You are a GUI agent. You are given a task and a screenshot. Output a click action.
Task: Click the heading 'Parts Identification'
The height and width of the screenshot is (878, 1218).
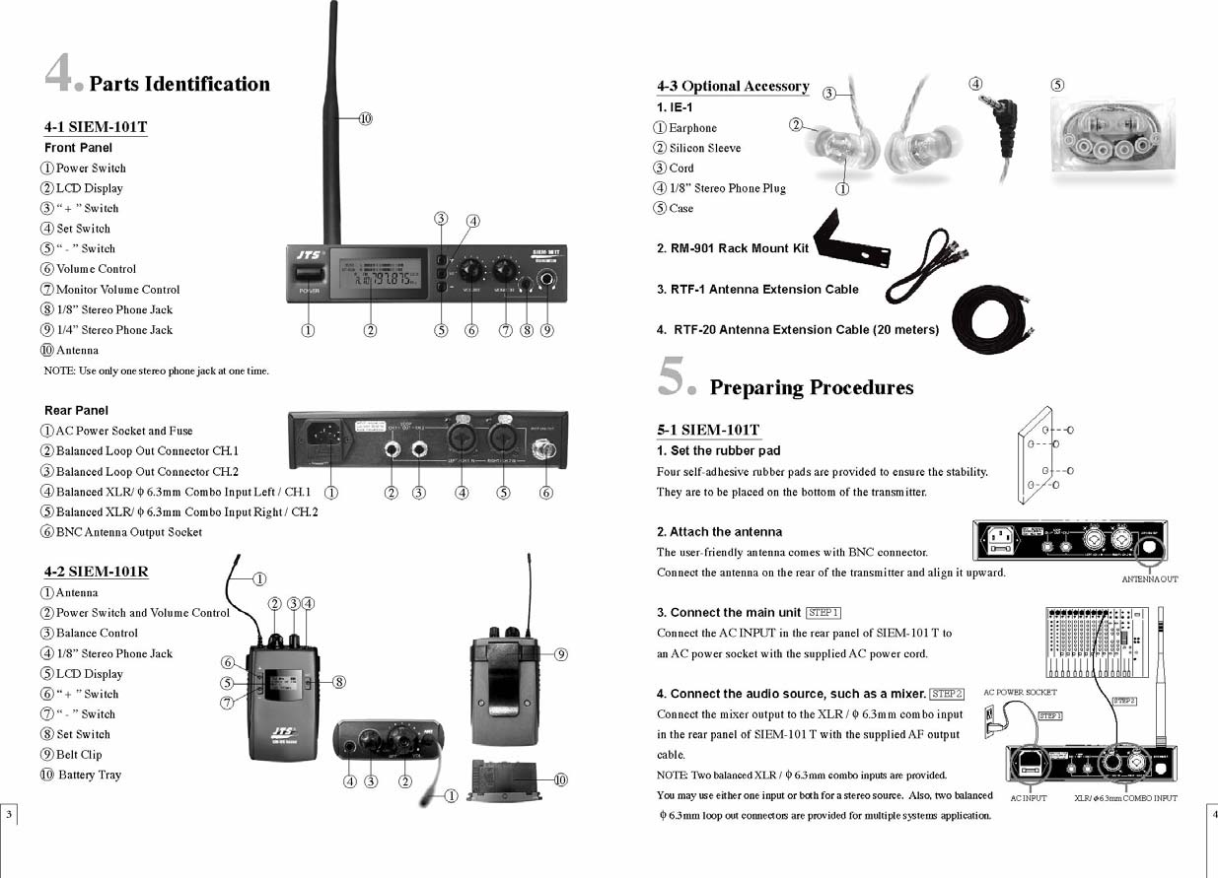(179, 85)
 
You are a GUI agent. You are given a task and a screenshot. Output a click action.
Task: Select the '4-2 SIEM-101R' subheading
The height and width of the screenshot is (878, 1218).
(96, 572)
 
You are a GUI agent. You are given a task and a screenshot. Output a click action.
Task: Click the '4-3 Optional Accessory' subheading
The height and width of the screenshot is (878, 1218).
(733, 87)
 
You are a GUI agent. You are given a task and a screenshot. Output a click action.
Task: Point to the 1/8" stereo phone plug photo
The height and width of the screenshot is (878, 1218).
(1006, 123)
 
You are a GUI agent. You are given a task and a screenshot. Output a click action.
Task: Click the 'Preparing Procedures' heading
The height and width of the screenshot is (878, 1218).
(811, 387)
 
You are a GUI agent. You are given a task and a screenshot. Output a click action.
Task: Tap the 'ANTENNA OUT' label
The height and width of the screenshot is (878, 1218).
(1149, 579)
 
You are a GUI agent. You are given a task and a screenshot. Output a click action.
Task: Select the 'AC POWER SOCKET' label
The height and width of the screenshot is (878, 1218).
(1020, 693)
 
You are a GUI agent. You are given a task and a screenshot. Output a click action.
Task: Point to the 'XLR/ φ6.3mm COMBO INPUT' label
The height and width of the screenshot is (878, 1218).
(1125, 798)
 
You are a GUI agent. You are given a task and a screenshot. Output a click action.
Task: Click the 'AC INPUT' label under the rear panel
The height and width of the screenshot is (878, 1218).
(1029, 798)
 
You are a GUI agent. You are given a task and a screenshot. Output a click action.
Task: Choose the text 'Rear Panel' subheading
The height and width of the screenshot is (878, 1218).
(76, 410)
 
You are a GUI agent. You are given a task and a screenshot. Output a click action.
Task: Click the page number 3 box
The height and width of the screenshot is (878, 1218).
(9, 814)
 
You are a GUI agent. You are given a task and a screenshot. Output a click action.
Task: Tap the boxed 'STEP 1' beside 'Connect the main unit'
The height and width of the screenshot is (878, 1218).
(823, 613)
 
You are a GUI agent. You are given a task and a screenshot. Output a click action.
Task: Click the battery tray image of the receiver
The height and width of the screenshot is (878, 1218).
(506, 782)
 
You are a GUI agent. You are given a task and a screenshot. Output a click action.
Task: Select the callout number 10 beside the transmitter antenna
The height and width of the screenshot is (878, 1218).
(365, 118)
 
